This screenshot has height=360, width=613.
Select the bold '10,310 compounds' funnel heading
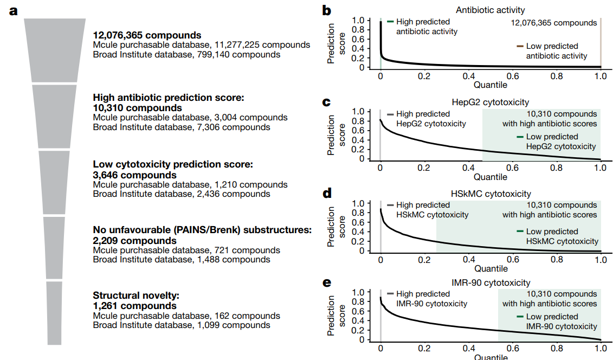click(x=138, y=108)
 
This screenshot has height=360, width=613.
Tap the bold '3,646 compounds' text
click(x=134, y=175)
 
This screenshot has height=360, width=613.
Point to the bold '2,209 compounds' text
click(x=134, y=240)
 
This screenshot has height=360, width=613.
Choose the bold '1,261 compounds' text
click(x=134, y=306)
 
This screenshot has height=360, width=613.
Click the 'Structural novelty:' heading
click(x=135, y=295)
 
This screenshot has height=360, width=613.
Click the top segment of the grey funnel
click(x=55, y=49)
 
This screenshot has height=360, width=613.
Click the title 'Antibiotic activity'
click(x=491, y=10)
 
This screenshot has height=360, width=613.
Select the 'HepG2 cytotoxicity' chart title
click(x=491, y=102)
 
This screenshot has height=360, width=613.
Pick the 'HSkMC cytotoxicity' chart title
click(x=491, y=194)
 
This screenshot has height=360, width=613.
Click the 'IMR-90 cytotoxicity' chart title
click(x=491, y=282)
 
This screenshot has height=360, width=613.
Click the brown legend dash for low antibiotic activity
click(x=519, y=46)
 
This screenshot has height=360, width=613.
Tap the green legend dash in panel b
click(x=390, y=22)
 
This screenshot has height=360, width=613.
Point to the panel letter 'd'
click(x=327, y=193)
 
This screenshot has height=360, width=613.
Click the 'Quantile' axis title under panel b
click(x=491, y=85)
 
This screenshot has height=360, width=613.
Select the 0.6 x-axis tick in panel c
click(x=512, y=168)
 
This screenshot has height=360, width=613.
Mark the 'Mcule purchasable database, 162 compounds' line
click(x=186, y=316)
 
